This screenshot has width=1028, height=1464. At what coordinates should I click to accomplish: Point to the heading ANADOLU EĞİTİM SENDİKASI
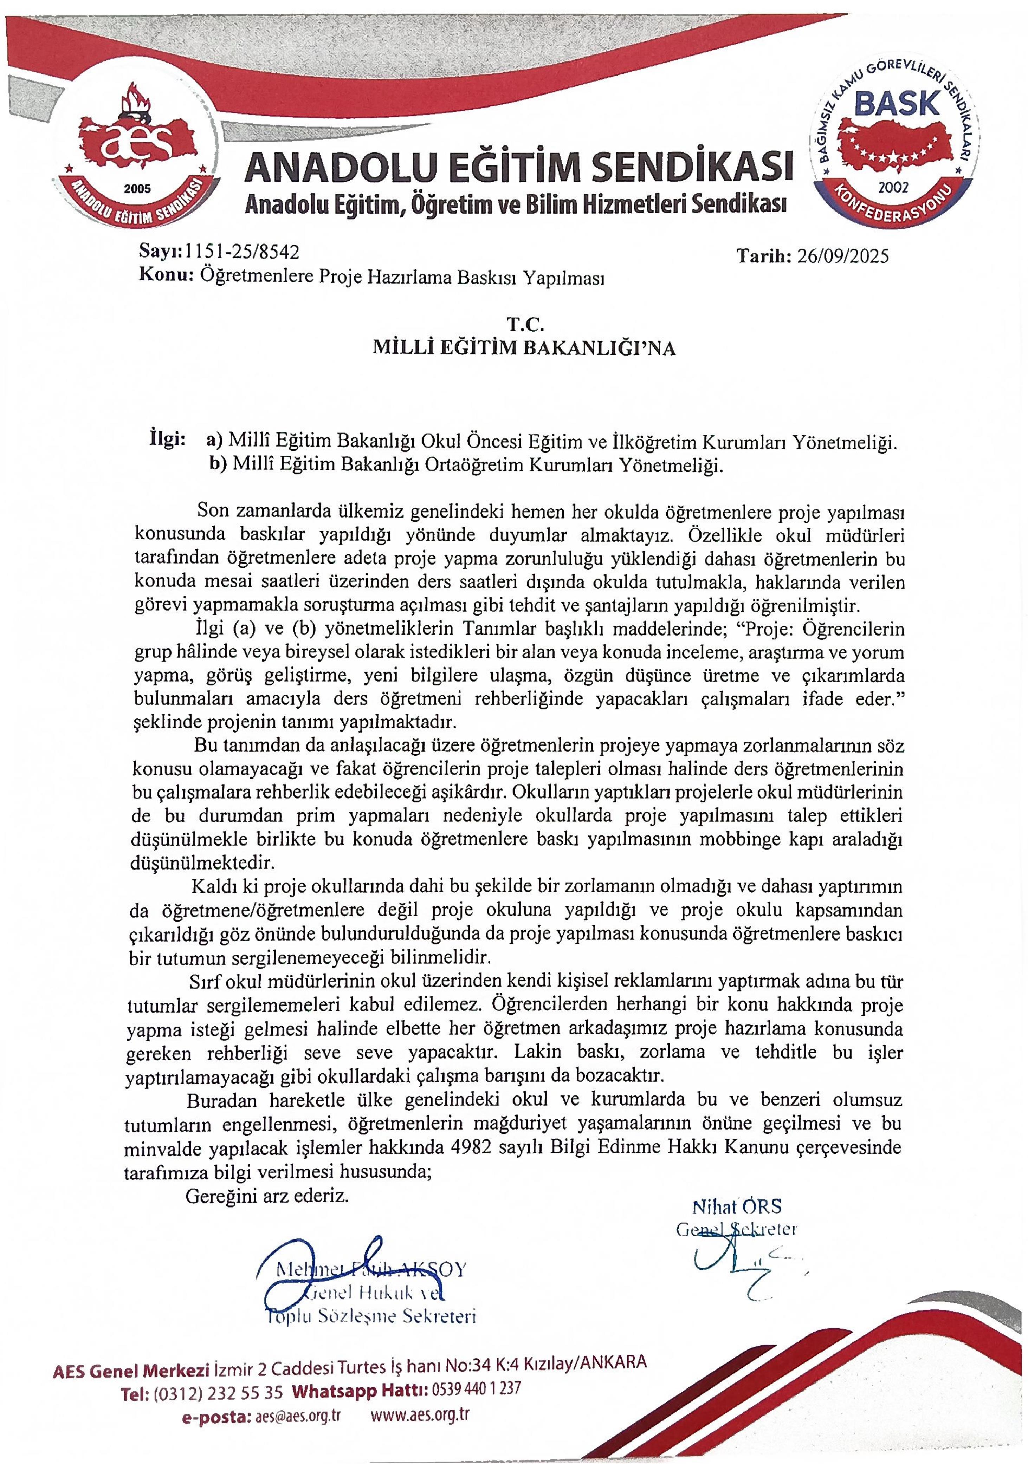click(518, 167)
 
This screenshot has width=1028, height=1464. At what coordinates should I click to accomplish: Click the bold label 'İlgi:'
click(167, 440)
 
